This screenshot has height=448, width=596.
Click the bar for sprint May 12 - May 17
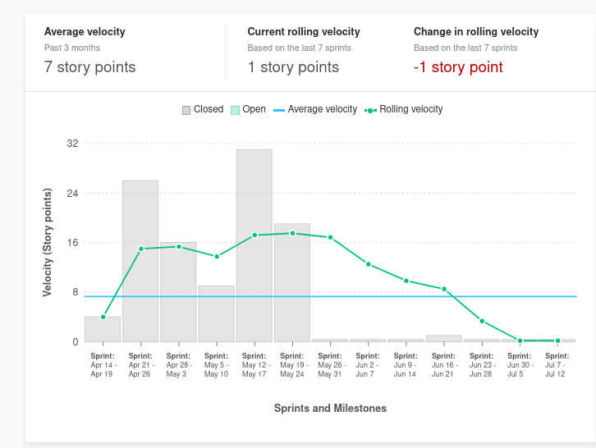click(254, 245)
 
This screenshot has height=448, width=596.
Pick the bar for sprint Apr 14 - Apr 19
click(103, 329)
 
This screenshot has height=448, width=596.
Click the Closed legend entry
click(203, 109)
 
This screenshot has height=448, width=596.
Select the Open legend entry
click(248, 109)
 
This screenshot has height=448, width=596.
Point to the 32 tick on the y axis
click(72, 144)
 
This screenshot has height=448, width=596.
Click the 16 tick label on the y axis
click(72, 243)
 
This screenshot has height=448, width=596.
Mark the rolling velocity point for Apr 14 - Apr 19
click(103, 317)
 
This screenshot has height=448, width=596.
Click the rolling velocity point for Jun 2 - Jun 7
click(369, 264)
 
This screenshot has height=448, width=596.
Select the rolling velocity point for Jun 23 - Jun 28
click(482, 321)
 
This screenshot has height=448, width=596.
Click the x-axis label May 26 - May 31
click(330, 365)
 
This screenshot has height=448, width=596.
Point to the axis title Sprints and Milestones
click(330, 408)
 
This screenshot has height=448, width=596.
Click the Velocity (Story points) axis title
click(48, 242)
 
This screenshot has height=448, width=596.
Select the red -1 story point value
click(458, 67)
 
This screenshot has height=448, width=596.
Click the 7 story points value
click(90, 67)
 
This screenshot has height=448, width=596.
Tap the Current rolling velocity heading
click(304, 32)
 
